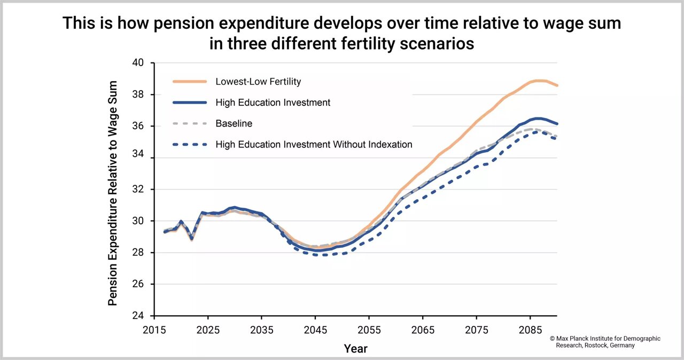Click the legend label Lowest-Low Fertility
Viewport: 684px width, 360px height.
(x=258, y=82)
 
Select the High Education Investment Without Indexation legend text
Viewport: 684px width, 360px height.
(x=314, y=144)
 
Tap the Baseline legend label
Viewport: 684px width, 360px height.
(x=234, y=123)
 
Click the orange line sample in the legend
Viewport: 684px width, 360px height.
(x=190, y=82)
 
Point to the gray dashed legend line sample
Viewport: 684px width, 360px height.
(x=190, y=123)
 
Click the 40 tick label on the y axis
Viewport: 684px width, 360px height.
(x=138, y=63)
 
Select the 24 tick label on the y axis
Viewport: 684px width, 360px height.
(x=138, y=316)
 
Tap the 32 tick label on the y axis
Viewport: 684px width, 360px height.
(x=138, y=190)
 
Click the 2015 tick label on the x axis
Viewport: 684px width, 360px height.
(x=154, y=329)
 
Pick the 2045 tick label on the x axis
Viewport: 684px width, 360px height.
(x=315, y=329)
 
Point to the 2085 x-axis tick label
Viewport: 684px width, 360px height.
(x=531, y=329)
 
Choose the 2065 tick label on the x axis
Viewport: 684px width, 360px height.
(x=423, y=329)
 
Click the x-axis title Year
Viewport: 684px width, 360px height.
(x=355, y=349)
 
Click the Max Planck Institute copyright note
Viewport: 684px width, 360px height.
(x=605, y=342)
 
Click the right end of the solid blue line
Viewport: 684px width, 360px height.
(x=557, y=123)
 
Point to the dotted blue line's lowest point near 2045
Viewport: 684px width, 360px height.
(x=316, y=255)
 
